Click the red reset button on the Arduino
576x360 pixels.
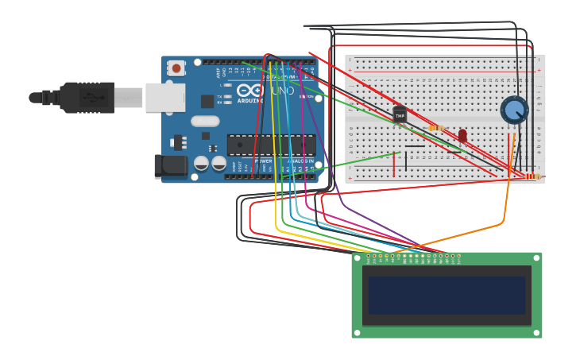176,68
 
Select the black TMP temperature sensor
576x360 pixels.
400,115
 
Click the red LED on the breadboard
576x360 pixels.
462,136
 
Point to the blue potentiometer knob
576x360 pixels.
514,110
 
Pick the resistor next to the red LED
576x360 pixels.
436,127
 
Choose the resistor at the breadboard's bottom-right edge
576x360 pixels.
534,176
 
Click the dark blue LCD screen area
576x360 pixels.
446,295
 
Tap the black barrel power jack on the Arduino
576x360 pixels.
170,165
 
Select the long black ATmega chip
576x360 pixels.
271,145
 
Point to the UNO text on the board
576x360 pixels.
284,91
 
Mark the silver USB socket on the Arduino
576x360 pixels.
165,98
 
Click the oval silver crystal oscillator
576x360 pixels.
204,122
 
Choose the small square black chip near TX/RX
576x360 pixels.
207,101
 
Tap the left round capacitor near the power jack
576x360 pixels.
202,163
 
